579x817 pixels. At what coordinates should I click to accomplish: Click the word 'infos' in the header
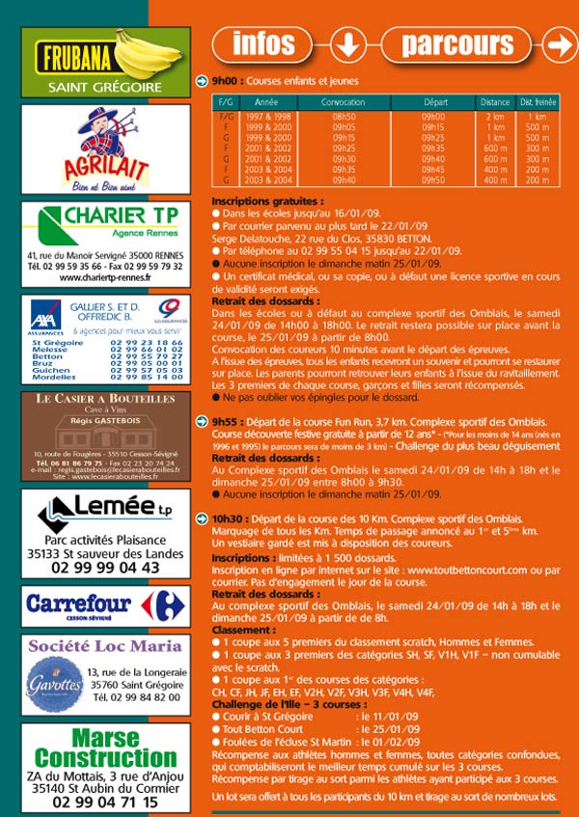(264, 43)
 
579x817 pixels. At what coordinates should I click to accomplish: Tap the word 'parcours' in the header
(457, 43)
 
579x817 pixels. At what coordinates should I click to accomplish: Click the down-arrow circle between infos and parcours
(347, 44)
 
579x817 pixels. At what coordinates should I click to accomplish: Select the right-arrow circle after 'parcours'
(559, 44)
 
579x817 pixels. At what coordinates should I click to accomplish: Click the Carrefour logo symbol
(159, 605)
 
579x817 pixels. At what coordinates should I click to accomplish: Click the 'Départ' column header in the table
(435, 101)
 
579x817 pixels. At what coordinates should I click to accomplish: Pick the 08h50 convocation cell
(344, 116)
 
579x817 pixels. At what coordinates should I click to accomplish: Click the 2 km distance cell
(495, 116)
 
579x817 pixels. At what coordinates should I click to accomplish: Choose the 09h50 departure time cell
(435, 180)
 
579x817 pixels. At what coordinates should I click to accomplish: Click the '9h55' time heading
(225, 422)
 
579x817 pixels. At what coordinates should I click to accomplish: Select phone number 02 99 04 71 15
(105, 801)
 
